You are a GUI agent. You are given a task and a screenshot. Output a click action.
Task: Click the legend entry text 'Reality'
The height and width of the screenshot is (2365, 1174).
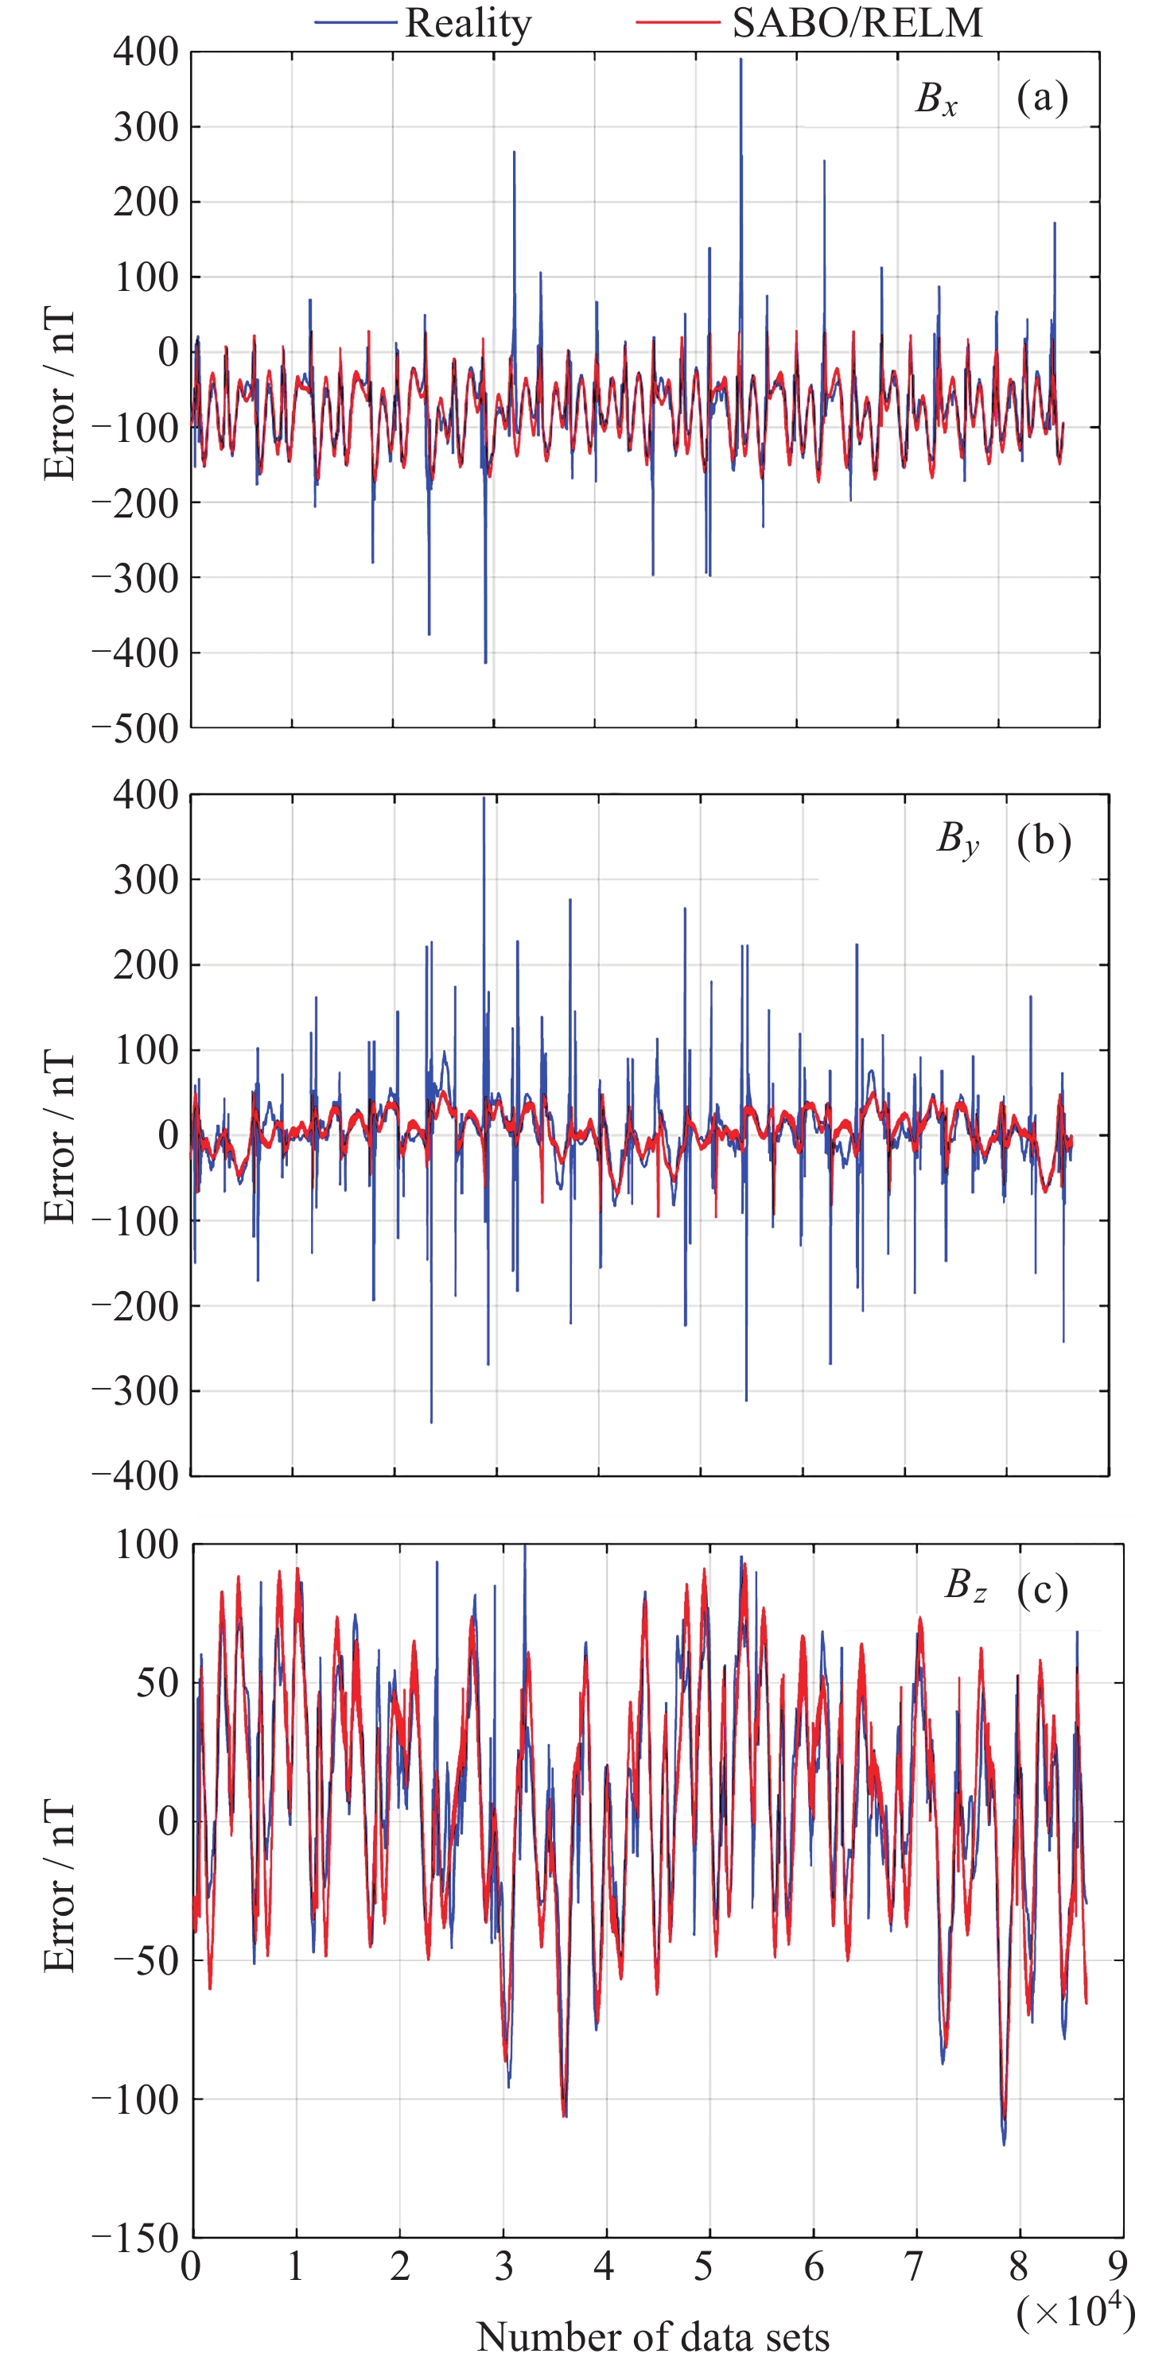468,23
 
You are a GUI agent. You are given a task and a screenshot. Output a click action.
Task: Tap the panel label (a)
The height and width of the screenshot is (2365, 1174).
1042,97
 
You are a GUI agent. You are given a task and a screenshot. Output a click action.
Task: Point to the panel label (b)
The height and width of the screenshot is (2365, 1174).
1044,840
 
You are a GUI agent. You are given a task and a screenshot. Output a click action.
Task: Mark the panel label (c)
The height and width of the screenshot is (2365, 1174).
1042,1589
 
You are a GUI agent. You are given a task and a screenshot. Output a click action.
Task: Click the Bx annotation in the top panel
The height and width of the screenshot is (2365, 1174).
936,99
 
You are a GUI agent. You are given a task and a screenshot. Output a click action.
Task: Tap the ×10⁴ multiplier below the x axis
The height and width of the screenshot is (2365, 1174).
1075,2311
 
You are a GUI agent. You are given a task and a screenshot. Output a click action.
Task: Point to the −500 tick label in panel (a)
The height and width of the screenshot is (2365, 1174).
135,729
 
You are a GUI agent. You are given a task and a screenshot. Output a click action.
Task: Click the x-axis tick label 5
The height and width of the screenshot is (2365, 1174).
704,2266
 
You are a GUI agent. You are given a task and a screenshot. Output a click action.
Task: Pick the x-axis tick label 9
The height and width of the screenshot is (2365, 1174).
1117,2266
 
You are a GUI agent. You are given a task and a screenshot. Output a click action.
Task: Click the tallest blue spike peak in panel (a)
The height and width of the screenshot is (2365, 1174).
741,60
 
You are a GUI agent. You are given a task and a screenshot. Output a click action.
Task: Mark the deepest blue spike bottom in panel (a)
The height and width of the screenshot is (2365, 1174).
486,662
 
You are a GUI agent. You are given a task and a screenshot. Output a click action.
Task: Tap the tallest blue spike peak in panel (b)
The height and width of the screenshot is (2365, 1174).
484,798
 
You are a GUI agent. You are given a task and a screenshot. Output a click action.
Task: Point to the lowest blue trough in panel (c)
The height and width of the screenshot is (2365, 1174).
1004,2145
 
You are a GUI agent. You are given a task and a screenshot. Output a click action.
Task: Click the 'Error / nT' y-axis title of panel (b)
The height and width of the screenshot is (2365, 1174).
60,1136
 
